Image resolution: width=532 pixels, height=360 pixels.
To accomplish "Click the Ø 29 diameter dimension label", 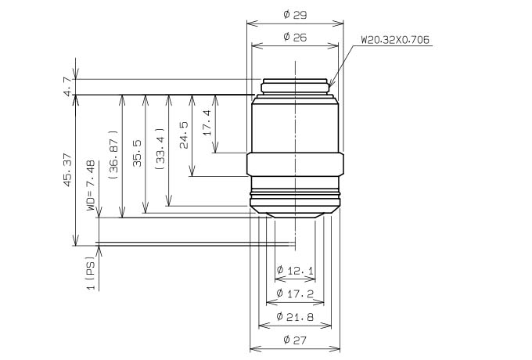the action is [295, 15].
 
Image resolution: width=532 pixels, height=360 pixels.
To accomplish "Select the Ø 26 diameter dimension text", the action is [295, 37].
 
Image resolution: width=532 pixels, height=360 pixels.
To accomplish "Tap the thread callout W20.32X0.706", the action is [395, 40].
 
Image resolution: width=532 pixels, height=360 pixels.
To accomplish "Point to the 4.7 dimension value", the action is [67, 86].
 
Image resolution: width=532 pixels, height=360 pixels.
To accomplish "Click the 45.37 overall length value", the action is [67, 170].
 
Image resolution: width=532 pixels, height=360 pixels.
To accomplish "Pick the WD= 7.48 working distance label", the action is [91, 185].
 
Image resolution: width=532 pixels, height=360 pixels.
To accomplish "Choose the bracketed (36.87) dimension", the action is [113, 155].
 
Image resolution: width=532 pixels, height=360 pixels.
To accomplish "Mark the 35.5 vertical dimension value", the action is [137, 153].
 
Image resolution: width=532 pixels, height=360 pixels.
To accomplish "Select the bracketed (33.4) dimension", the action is [160, 149].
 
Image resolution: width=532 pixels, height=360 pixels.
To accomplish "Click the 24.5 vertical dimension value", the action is [184, 135].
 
